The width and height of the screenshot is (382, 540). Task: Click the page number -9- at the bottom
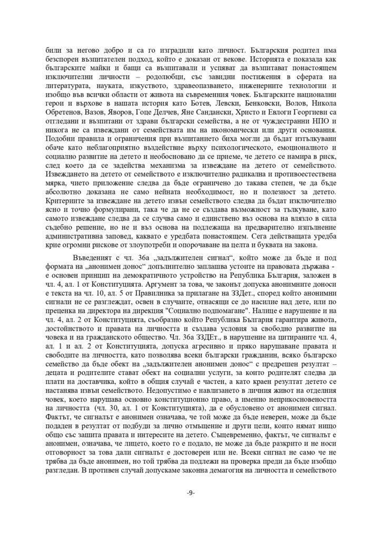(191, 493)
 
